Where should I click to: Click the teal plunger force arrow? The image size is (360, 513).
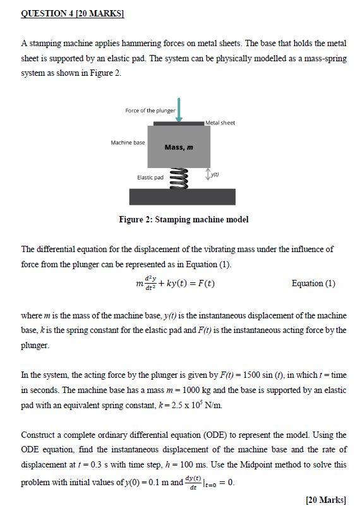point(179,109)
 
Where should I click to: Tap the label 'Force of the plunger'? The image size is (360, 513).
point(150,111)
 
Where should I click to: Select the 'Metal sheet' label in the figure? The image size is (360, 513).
point(220,123)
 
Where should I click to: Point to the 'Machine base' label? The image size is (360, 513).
point(128,143)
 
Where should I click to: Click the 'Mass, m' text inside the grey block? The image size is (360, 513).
point(179,147)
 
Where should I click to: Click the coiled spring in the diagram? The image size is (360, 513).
point(179,176)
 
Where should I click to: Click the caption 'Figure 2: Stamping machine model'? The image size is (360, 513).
point(184,220)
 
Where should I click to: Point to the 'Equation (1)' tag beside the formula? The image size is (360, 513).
point(313,283)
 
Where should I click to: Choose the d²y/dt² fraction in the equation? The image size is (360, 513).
point(150,283)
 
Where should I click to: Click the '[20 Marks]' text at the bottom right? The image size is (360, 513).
point(326,500)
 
